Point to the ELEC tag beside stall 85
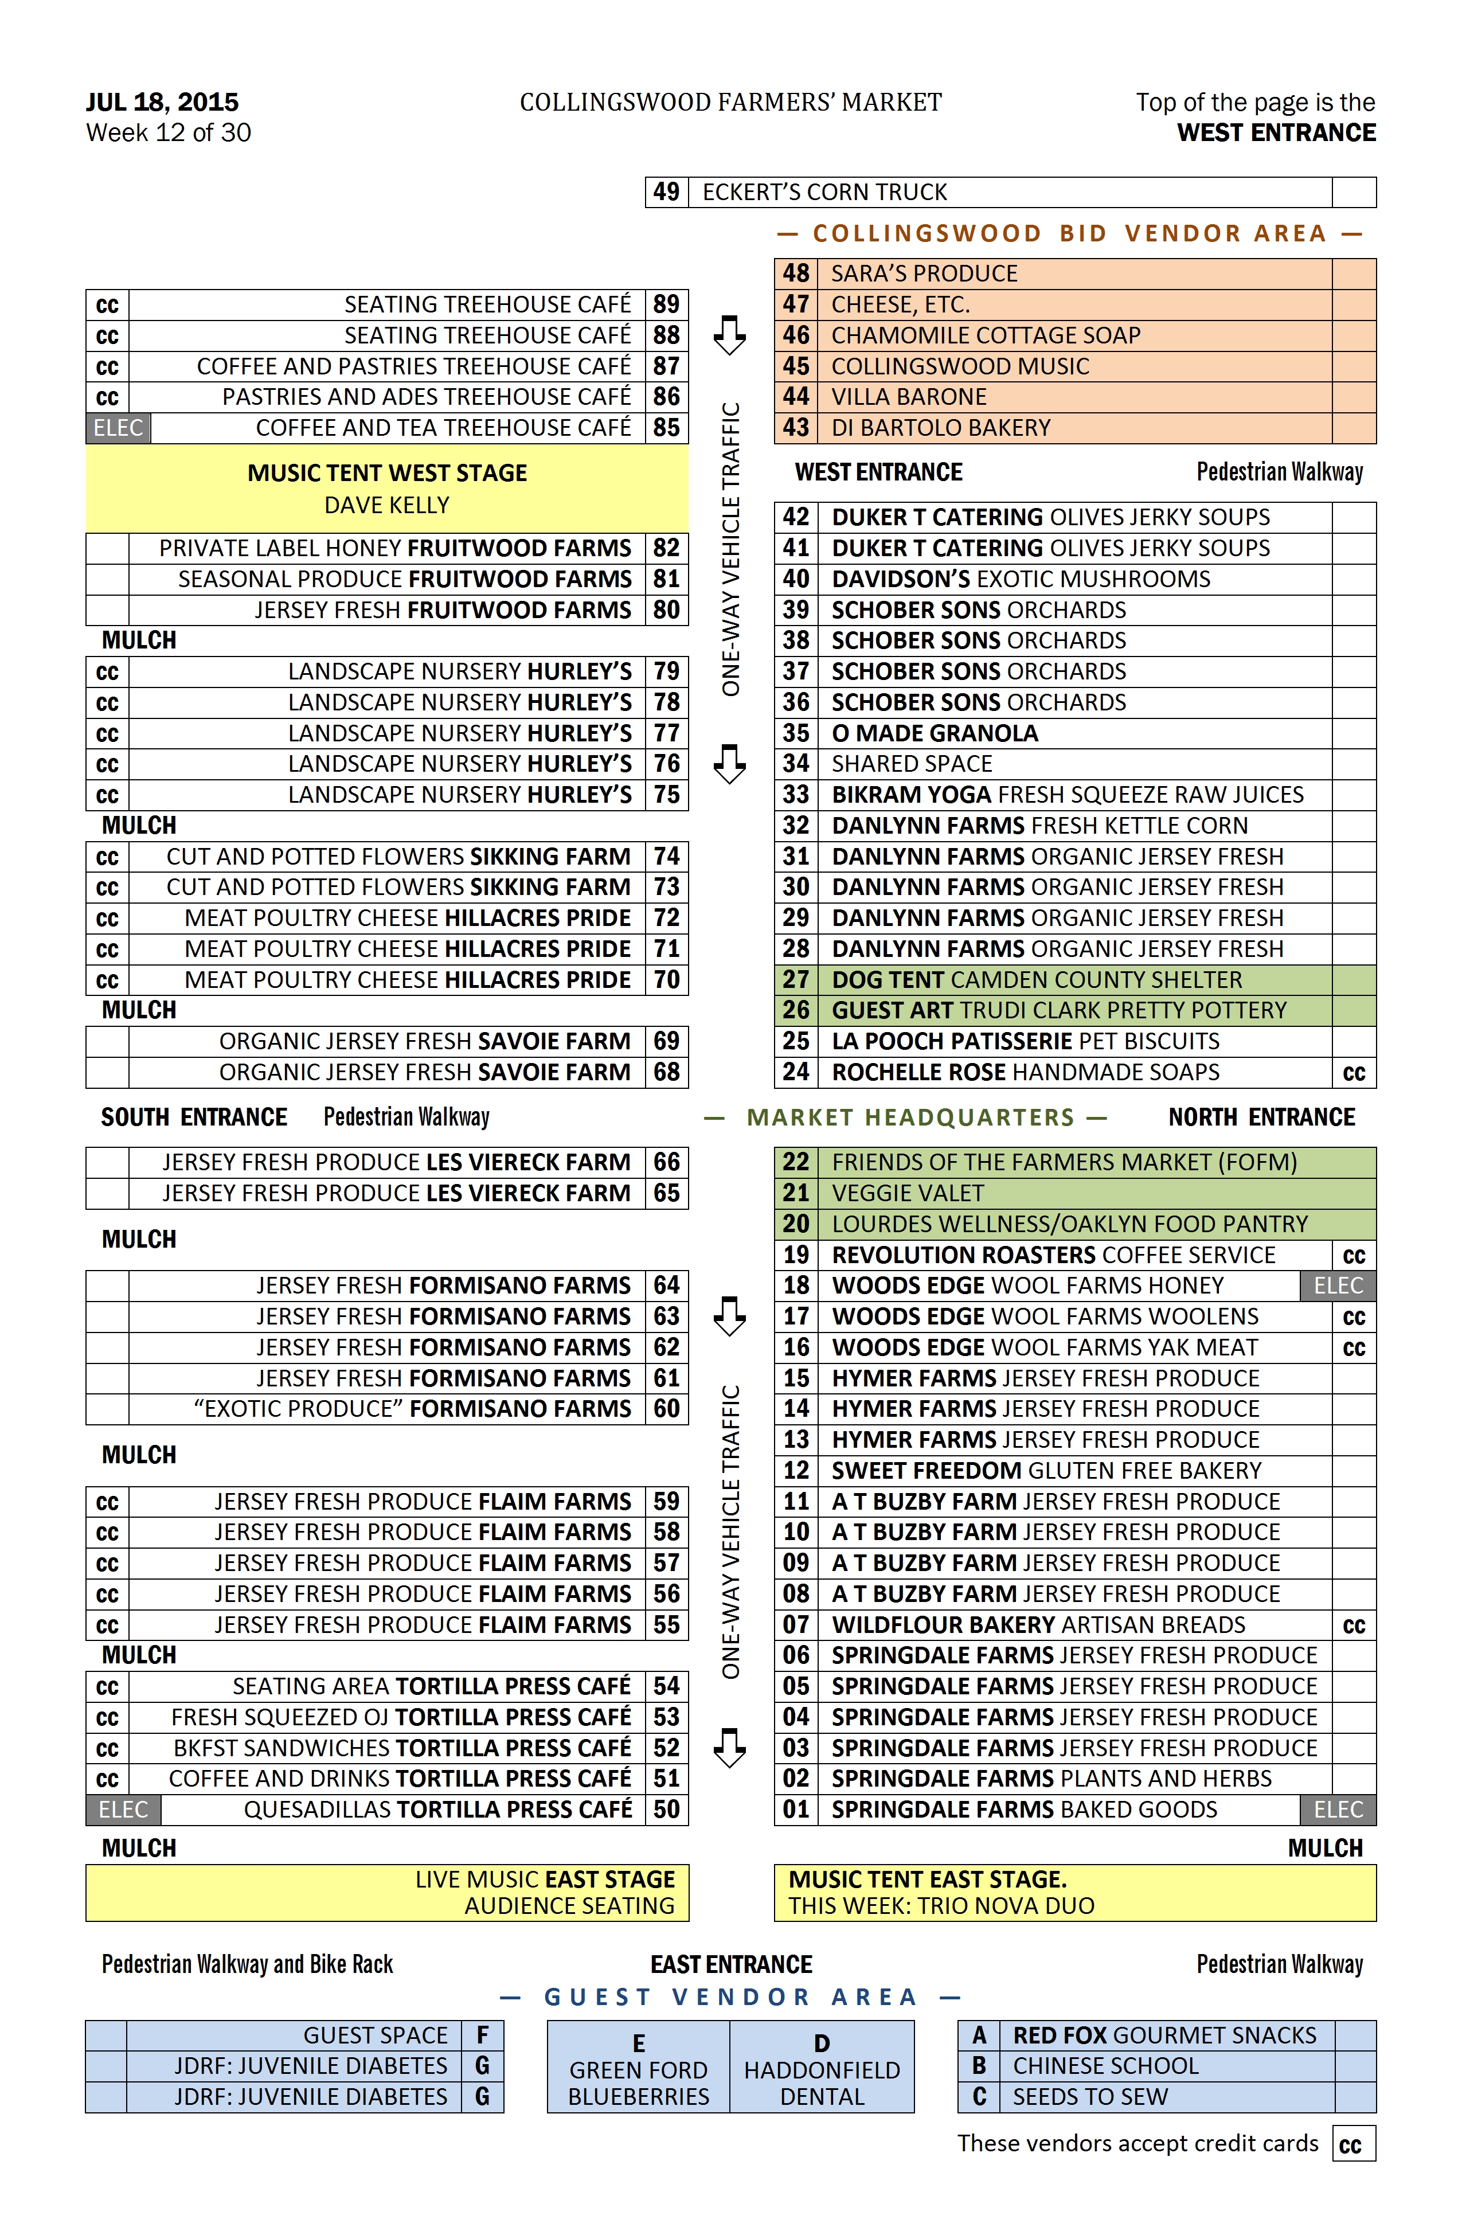tap(118, 428)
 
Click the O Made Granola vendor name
tap(935, 733)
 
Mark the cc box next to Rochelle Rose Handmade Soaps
tap(1353, 1072)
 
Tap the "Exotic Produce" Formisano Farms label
tap(411, 1409)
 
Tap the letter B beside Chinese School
tap(979, 2066)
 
